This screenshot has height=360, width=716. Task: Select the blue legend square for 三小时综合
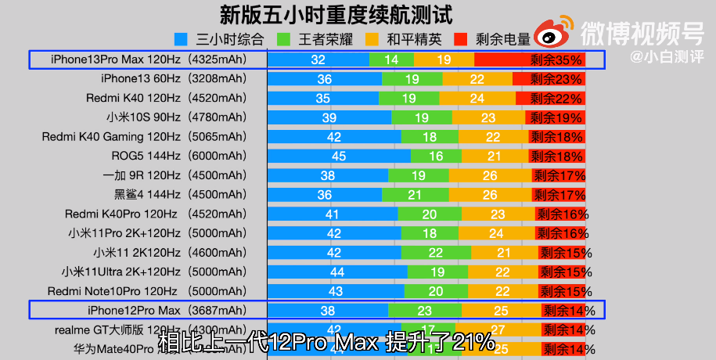click(182, 37)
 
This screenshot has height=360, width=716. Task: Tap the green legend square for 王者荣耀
click(284, 37)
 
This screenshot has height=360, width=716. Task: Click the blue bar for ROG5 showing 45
click(339, 156)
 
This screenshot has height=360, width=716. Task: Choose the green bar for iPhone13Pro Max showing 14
click(391, 59)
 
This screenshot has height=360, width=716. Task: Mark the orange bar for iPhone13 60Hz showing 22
click(477, 79)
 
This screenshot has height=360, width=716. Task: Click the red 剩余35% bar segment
click(540, 59)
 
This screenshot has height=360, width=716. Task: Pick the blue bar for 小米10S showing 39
click(329, 117)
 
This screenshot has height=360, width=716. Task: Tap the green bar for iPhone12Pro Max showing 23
click(425, 310)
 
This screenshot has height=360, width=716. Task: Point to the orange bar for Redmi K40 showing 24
click(477, 98)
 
